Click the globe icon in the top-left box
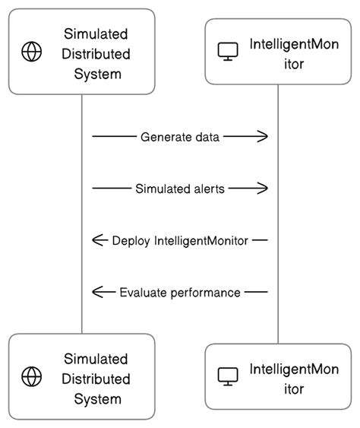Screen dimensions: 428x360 point(31,52)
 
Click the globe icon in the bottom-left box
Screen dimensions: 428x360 point(31,376)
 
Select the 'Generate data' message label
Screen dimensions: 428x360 point(180,137)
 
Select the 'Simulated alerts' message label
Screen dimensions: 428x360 point(180,189)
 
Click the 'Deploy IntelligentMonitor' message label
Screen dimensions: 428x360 point(180,240)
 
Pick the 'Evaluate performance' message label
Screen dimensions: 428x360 point(180,292)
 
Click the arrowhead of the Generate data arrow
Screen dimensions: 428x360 point(264,137)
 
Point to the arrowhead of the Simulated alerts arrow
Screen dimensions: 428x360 point(264,189)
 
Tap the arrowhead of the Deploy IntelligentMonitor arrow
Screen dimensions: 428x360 point(97,240)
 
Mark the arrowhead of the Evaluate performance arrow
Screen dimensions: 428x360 point(97,292)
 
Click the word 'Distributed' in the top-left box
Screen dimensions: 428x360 point(96,54)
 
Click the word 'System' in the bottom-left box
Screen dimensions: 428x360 point(96,398)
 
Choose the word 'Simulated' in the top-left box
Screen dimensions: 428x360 point(96,34)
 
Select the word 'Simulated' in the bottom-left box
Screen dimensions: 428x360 point(96,358)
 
